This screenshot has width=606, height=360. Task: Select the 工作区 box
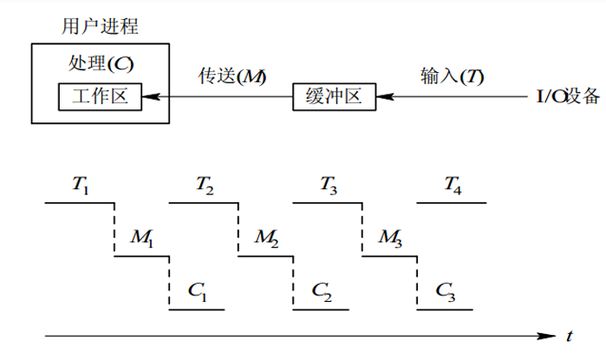tap(100, 95)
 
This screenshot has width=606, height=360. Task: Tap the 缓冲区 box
tap(335, 96)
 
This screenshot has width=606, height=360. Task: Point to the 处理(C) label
tap(101, 63)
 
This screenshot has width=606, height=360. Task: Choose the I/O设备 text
tap(567, 96)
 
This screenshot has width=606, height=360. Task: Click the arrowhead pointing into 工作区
tap(148, 96)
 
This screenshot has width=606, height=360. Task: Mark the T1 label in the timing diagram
tap(81, 184)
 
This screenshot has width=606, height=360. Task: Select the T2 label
tap(205, 184)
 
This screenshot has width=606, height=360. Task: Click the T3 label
tap(329, 184)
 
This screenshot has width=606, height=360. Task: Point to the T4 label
tap(453, 184)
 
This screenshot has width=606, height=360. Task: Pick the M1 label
tap(142, 236)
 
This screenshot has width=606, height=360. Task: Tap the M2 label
tap(266, 236)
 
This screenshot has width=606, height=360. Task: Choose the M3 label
tap(390, 236)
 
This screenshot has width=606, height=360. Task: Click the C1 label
tap(197, 289)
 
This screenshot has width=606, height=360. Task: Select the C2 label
tap(321, 289)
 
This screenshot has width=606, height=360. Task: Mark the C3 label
tap(445, 289)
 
